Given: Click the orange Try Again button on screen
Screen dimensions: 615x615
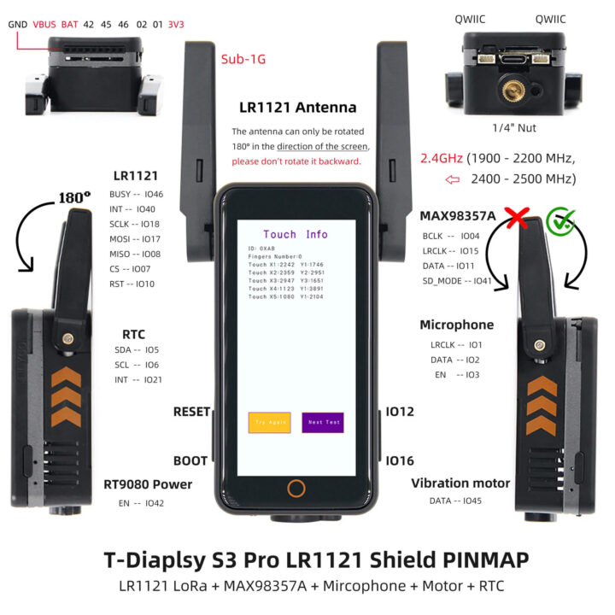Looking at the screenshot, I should pos(269,422).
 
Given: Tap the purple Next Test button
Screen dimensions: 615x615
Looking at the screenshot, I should pos(323,422).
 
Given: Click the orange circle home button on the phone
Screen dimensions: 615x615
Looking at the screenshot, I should pos(296,489).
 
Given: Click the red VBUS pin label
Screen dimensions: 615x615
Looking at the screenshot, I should pos(44,25).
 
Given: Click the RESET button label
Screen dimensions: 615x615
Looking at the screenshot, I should pos(191,412).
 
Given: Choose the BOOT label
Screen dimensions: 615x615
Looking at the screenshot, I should pos(190,460).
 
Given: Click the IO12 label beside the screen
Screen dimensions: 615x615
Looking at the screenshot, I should pos(400,412).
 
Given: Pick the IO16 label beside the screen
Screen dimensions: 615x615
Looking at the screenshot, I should pos(400,460).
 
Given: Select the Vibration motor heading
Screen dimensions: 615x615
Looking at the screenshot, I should pos(460,483).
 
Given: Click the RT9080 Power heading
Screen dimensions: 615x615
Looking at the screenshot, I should pos(148,484).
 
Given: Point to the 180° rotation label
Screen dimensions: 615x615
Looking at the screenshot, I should pos(73,197).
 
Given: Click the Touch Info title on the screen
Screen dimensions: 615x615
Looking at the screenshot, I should pos(295,234).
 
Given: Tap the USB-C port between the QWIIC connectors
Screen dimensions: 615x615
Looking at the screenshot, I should pos(514,62).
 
